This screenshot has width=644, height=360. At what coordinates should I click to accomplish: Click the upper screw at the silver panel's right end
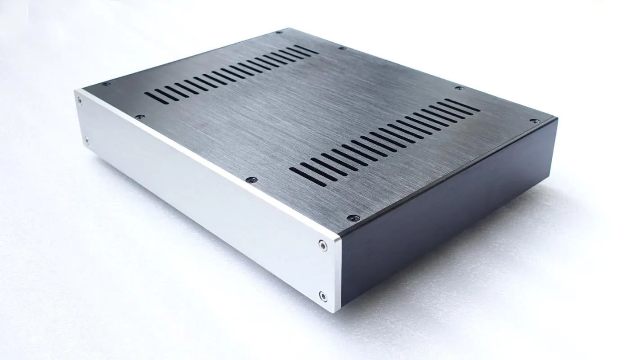click(322, 245)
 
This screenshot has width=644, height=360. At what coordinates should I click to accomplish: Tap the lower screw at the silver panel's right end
click(322, 296)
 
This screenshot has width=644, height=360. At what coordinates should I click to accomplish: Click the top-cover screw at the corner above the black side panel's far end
click(534, 121)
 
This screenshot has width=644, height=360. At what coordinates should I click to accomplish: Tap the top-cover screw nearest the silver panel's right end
click(351, 218)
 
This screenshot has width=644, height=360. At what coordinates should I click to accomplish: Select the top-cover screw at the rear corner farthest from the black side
click(279, 32)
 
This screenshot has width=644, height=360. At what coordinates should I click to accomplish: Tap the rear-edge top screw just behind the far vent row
click(341, 48)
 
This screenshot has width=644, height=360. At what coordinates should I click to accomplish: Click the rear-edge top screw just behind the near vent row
click(459, 88)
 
